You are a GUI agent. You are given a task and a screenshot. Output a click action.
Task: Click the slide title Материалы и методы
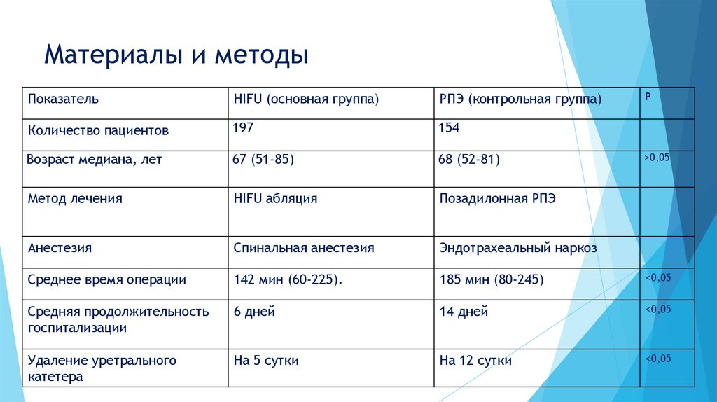coord(176,55)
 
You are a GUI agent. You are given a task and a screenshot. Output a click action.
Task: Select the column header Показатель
coord(63,99)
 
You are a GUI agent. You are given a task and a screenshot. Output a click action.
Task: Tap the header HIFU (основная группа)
coord(306,99)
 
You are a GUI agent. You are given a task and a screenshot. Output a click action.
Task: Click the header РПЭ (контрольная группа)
coord(520,99)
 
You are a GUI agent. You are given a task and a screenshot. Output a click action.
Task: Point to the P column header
coord(648,95)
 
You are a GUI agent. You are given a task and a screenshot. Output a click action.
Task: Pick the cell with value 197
coord(244,127)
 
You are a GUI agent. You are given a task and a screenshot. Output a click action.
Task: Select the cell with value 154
coord(449,127)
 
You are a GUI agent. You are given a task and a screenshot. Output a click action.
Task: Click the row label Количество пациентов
coord(98,130)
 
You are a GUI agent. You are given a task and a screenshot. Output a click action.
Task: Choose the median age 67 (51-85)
coord(263,160)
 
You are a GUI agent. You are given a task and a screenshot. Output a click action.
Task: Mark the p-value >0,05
coord(657,158)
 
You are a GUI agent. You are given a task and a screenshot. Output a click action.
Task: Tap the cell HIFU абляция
coord(275,199)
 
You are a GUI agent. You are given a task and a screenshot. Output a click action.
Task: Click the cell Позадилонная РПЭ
coord(497,199)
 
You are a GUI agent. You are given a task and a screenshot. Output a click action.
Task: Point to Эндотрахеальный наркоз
coord(518,248)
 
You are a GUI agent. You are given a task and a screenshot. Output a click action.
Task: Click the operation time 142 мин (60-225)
coord(288,280)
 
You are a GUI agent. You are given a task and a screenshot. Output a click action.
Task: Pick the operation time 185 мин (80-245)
coord(492,280)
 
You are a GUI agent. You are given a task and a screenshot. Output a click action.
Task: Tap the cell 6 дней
coord(254,312)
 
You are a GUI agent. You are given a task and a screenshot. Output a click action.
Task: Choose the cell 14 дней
coord(464,312)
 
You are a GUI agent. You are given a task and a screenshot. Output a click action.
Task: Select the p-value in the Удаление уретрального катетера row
coord(657,359)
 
